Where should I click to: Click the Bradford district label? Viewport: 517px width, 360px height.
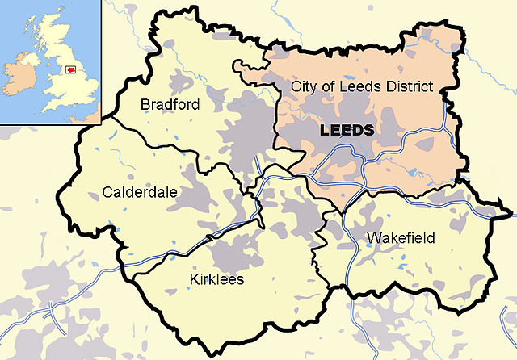170,105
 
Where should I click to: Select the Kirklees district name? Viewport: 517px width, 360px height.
216,279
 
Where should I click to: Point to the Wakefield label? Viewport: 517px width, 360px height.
401,238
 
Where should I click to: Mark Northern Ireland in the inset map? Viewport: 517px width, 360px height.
28,58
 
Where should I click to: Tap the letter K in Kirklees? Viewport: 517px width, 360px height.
193,279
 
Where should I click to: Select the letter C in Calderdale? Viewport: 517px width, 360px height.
108,192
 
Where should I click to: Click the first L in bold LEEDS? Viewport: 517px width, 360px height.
326,130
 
